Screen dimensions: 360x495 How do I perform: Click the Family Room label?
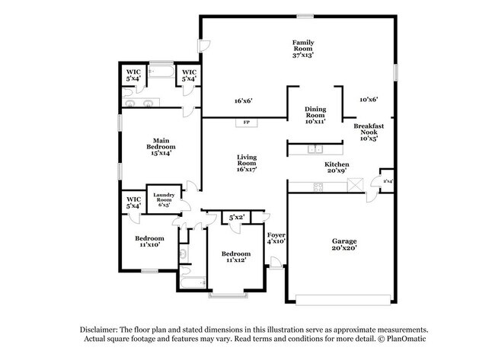(x=303, y=48)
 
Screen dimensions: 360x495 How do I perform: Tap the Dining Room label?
(x=315, y=115)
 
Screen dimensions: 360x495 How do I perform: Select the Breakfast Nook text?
(x=372, y=132)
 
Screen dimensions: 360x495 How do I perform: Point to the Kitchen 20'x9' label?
(x=337, y=167)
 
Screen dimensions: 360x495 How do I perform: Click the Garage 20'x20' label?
(x=343, y=244)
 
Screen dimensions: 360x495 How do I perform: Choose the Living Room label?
(x=246, y=163)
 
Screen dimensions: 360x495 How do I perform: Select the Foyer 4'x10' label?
(x=276, y=237)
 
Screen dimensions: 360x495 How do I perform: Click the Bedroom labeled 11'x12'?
(x=235, y=256)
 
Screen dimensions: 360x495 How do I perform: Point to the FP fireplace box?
(x=246, y=122)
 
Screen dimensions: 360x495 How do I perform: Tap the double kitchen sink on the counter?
(x=315, y=148)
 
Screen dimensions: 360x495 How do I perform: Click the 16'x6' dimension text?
(x=243, y=100)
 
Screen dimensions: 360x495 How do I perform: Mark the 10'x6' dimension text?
(x=369, y=99)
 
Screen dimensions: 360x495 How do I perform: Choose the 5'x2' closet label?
(x=237, y=218)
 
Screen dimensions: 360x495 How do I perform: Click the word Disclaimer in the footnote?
(x=102, y=329)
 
